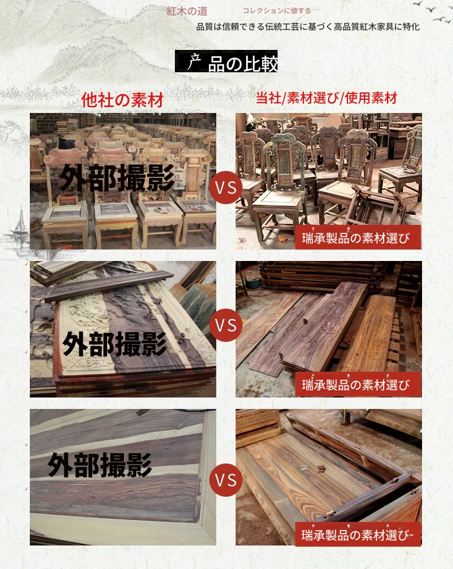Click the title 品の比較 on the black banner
243,63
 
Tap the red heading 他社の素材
122,100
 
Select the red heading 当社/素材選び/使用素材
326,98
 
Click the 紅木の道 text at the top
187,11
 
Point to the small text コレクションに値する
276,11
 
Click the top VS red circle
225,188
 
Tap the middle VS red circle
225,325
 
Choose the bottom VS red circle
225,480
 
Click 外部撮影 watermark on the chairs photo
117,178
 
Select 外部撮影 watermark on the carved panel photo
115,344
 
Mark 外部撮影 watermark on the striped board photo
100,465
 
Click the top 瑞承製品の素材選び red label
358,237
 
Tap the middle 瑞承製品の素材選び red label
358,384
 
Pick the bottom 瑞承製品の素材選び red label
358,534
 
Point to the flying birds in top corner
433,11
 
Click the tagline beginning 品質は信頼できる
308,27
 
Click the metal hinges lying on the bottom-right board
313,469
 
